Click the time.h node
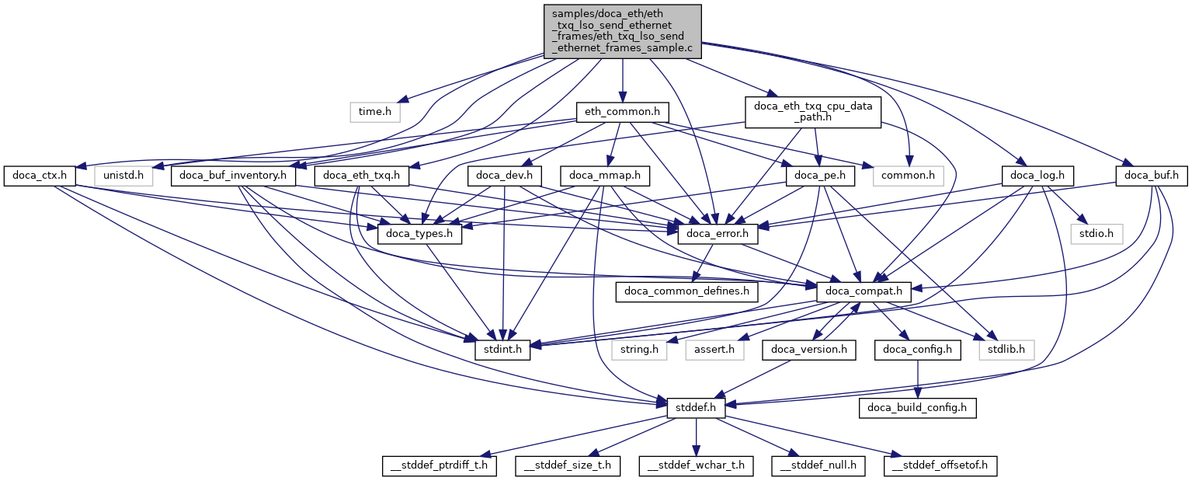pyautogui.click(x=375, y=112)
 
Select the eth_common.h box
pyautogui.click(x=622, y=112)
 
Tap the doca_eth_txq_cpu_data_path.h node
pyautogui.click(x=812, y=112)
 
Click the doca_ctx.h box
pyautogui.click(x=38, y=176)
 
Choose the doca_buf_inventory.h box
pyautogui.click(x=234, y=176)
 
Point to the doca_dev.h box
pyautogui.click(x=509, y=176)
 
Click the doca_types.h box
pyautogui.click(x=419, y=233)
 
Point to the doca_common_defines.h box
pyautogui.click(x=687, y=292)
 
